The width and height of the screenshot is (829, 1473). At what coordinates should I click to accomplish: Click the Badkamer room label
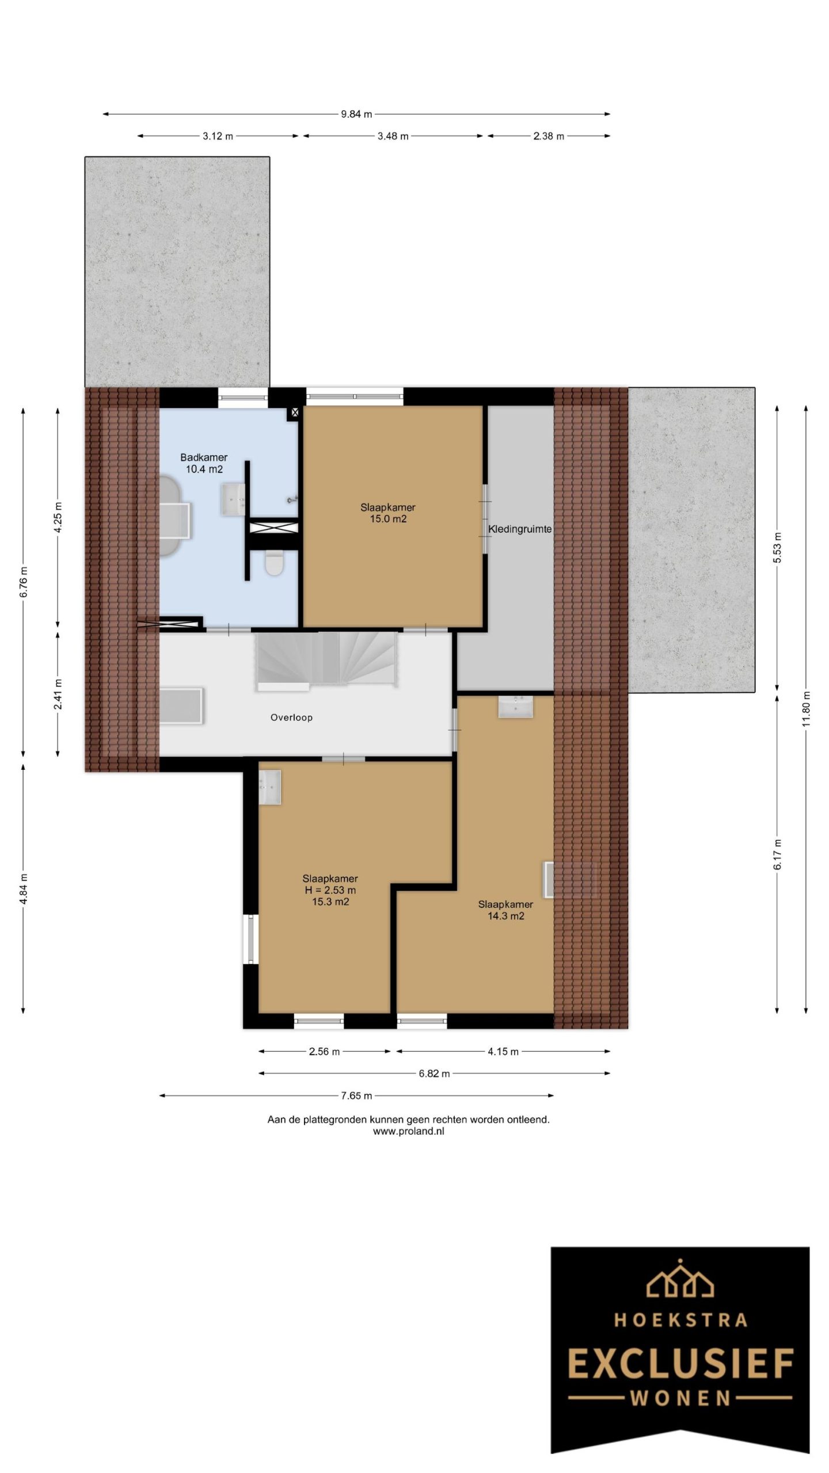tap(204, 457)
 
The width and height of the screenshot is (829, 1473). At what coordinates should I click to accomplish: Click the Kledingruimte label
tap(520, 529)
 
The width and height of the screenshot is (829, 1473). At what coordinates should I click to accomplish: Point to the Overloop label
tap(291, 718)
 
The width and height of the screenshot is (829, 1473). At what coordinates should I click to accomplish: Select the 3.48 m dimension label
tap(393, 136)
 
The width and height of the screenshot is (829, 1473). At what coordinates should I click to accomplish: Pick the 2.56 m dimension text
tap(324, 1052)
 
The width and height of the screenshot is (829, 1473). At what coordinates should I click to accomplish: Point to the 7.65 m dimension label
tap(356, 1096)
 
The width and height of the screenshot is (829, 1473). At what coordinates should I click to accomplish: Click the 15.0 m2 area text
tap(388, 519)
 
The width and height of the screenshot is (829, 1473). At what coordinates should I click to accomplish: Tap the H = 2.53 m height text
tap(330, 890)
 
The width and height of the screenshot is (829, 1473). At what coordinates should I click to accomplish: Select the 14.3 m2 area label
tap(506, 916)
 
